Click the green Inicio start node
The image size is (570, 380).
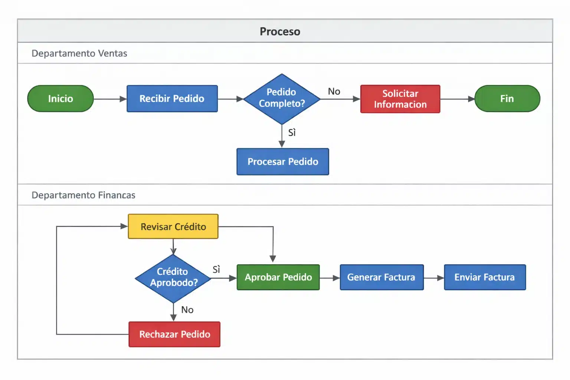tap(60, 99)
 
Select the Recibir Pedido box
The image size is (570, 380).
tap(172, 99)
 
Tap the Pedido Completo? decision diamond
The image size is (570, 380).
tap(282, 99)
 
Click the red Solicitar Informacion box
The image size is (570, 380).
tap(400, 99)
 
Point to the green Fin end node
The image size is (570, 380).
tap(507, 99)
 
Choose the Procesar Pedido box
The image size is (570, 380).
tap(283, 162)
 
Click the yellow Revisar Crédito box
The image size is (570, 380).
tap(173, 227)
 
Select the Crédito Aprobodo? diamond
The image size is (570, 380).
tap(173, 278)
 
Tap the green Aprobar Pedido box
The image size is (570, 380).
tap(278, 277)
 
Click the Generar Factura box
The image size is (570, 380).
tap(381, 277)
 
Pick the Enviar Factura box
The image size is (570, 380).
tap(485, 277)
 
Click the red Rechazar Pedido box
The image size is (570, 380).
tap(174, 334)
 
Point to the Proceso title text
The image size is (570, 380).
tap(280, 32)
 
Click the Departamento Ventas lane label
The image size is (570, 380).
tap(79, 53)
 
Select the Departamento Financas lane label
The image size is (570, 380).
tap(83, 195)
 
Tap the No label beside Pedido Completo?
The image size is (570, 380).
tap(334, 91)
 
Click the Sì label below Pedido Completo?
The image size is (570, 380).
tap(292, 132)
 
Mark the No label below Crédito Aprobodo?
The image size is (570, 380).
tap(187, 310)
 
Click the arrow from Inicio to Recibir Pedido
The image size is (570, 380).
tap(110, 99)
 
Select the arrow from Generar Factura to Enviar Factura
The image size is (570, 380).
tap(434, 278)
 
